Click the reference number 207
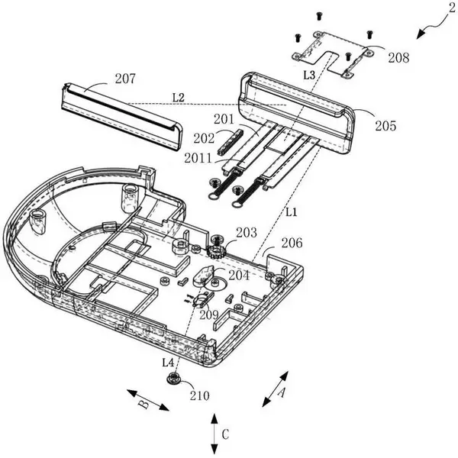[125, 79]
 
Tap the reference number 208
[398, 58]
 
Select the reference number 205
[385, 126]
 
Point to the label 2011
[198, 158]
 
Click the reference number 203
[247, 233]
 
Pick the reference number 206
[292, 243]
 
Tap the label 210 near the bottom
[200, 395]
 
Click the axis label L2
[179, 98]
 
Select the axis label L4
[168, 363]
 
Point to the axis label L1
[291, 212]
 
